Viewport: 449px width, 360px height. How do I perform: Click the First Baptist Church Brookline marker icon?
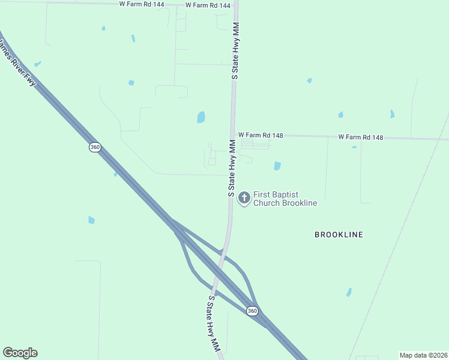(x=244, y=197)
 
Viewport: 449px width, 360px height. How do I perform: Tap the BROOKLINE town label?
(x=339, y=235)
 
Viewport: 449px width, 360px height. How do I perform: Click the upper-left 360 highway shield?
(x=95, y=147)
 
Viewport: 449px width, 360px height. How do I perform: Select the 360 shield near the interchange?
(x=252, y=310)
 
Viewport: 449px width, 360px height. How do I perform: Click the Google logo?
(x=20, y=353)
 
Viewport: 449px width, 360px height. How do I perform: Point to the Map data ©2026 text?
(x=423, y=355)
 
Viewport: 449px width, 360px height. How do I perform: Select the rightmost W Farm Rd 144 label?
(x=208, y=5)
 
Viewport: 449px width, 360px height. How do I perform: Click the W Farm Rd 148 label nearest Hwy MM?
(x=260, y=136)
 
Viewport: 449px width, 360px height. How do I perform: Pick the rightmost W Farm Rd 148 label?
(x=360, y=137)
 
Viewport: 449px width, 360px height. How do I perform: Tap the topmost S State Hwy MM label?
(x=235, y=51)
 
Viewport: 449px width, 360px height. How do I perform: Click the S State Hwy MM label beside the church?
(x=231, y=168)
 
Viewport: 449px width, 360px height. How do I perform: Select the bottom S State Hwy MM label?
(x=214, y=323)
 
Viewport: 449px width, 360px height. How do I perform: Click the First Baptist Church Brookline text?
(x=285, y=199)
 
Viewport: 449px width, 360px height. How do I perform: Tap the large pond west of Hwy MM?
(x=201, y=117)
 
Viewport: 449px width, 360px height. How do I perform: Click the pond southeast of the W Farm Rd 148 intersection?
(x=277, y=166)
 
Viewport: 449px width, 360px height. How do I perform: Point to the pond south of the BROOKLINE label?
(x=349, y=292)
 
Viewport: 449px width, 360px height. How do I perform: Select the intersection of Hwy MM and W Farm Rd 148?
(x=232, y=134)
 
